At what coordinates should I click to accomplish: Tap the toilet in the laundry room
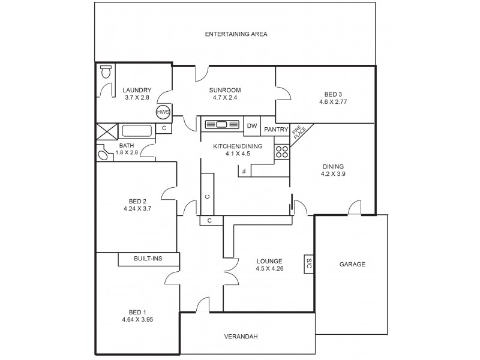[106, 73]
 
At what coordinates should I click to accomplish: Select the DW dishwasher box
[252, 125]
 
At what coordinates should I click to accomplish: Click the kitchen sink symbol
[223, 125]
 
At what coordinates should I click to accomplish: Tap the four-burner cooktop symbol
[282, 152]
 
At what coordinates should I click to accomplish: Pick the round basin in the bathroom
[104, 155]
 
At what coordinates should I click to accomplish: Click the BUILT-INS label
[148, 259]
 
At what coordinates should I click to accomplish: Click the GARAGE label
[352, 264]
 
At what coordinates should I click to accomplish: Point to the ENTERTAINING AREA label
[236, 34]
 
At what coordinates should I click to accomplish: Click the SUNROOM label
[226, 90]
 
